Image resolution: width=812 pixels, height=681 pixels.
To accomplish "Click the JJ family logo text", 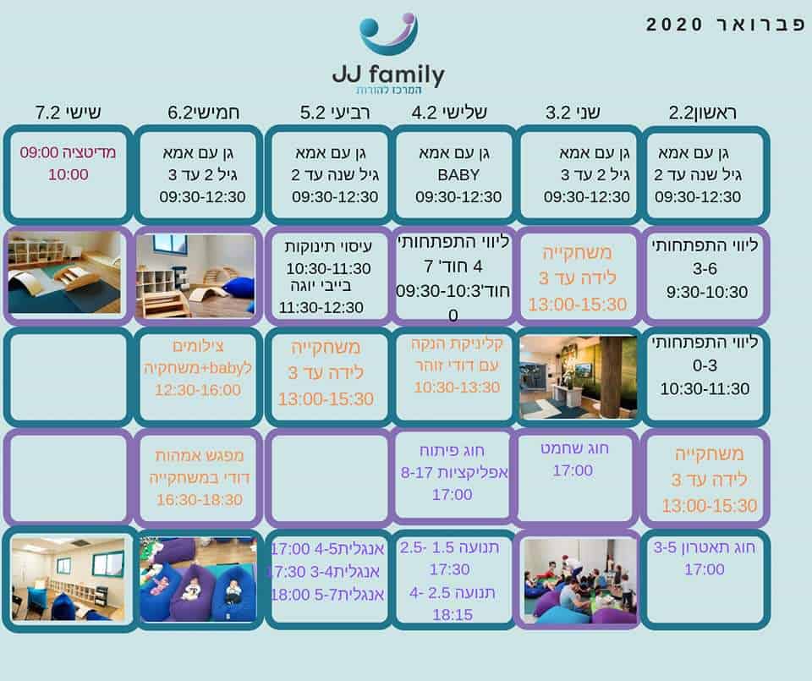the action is click(388, 74).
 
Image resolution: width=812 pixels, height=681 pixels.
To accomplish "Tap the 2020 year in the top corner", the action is click(674, 25).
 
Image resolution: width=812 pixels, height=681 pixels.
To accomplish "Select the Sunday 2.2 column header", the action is click(702, 113).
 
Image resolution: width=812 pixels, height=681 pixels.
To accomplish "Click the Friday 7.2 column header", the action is click(68, 113).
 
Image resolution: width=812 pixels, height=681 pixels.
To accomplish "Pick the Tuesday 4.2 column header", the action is click(449, 113).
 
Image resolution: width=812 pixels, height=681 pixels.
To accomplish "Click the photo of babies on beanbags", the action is click(198, 579).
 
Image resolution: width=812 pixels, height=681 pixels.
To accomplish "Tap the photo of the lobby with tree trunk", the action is click(578, 377).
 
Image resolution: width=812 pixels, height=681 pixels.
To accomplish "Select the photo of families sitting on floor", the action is click(578, 580).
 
